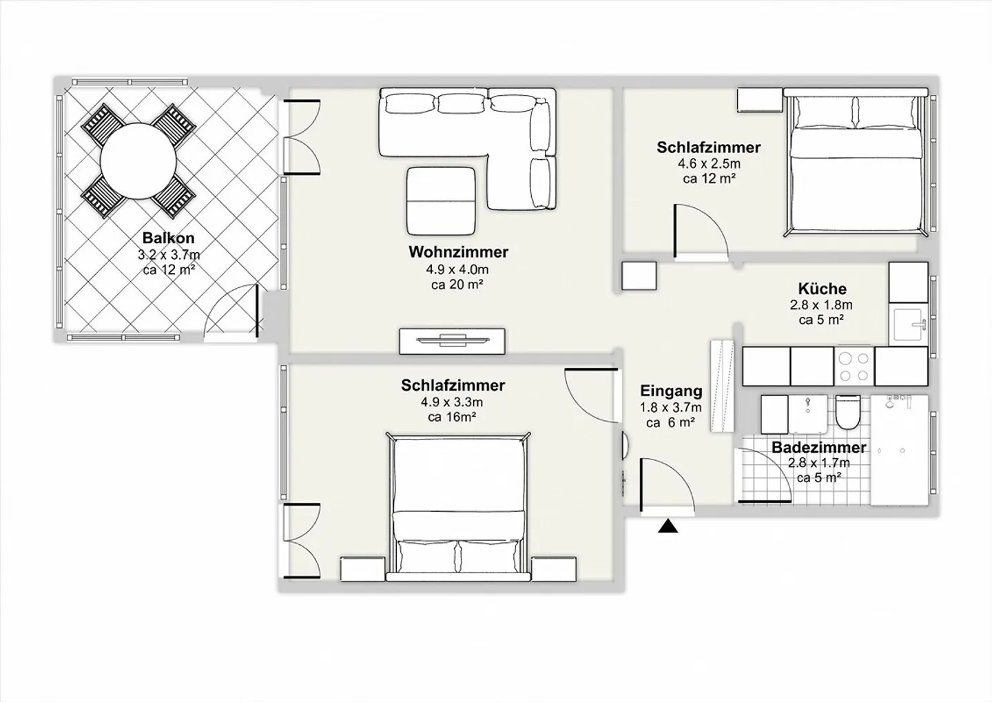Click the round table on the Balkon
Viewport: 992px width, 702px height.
[x=138, y=161]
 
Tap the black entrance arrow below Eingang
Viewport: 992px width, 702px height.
[x=668, y=526]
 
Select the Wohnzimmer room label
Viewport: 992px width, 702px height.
[x=458, y=252]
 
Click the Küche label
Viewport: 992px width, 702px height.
[x=823, y=289]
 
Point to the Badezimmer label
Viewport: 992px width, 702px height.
[x=819, y=447]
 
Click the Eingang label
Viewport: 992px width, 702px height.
[x=672, y=391]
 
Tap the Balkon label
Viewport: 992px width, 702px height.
[x=168, y=238]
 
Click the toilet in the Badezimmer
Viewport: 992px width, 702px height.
[x=848, y=413]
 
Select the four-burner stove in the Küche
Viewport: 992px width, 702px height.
[x=854, y=367]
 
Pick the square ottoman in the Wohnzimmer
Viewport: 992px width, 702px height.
[x=441, y=200]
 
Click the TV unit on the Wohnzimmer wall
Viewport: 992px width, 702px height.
[x=452, y=341]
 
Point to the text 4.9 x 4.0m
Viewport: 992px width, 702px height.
[x=457, y=269]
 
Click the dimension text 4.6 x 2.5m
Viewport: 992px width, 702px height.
[x=709, y=163]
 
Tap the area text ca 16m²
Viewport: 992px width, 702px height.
[x=452, y=417]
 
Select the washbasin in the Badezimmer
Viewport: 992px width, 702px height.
[x=808, y=414]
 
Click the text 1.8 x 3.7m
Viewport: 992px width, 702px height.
[x=670, y=407]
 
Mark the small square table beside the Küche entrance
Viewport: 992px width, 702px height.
[x=639, y=276]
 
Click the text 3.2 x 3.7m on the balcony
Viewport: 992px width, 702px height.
[x=169, y=255]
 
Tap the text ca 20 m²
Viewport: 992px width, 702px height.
[x=457, y=285]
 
